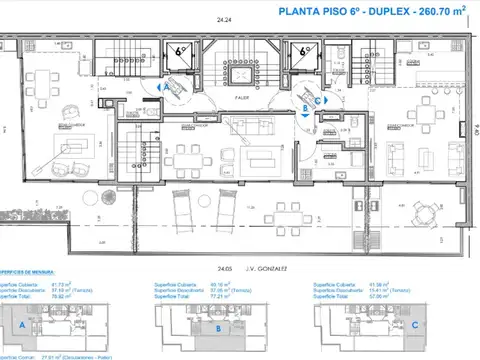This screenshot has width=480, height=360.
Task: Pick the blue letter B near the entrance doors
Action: point(304,99)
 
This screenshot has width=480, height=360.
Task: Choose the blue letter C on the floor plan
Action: point(319,99)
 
